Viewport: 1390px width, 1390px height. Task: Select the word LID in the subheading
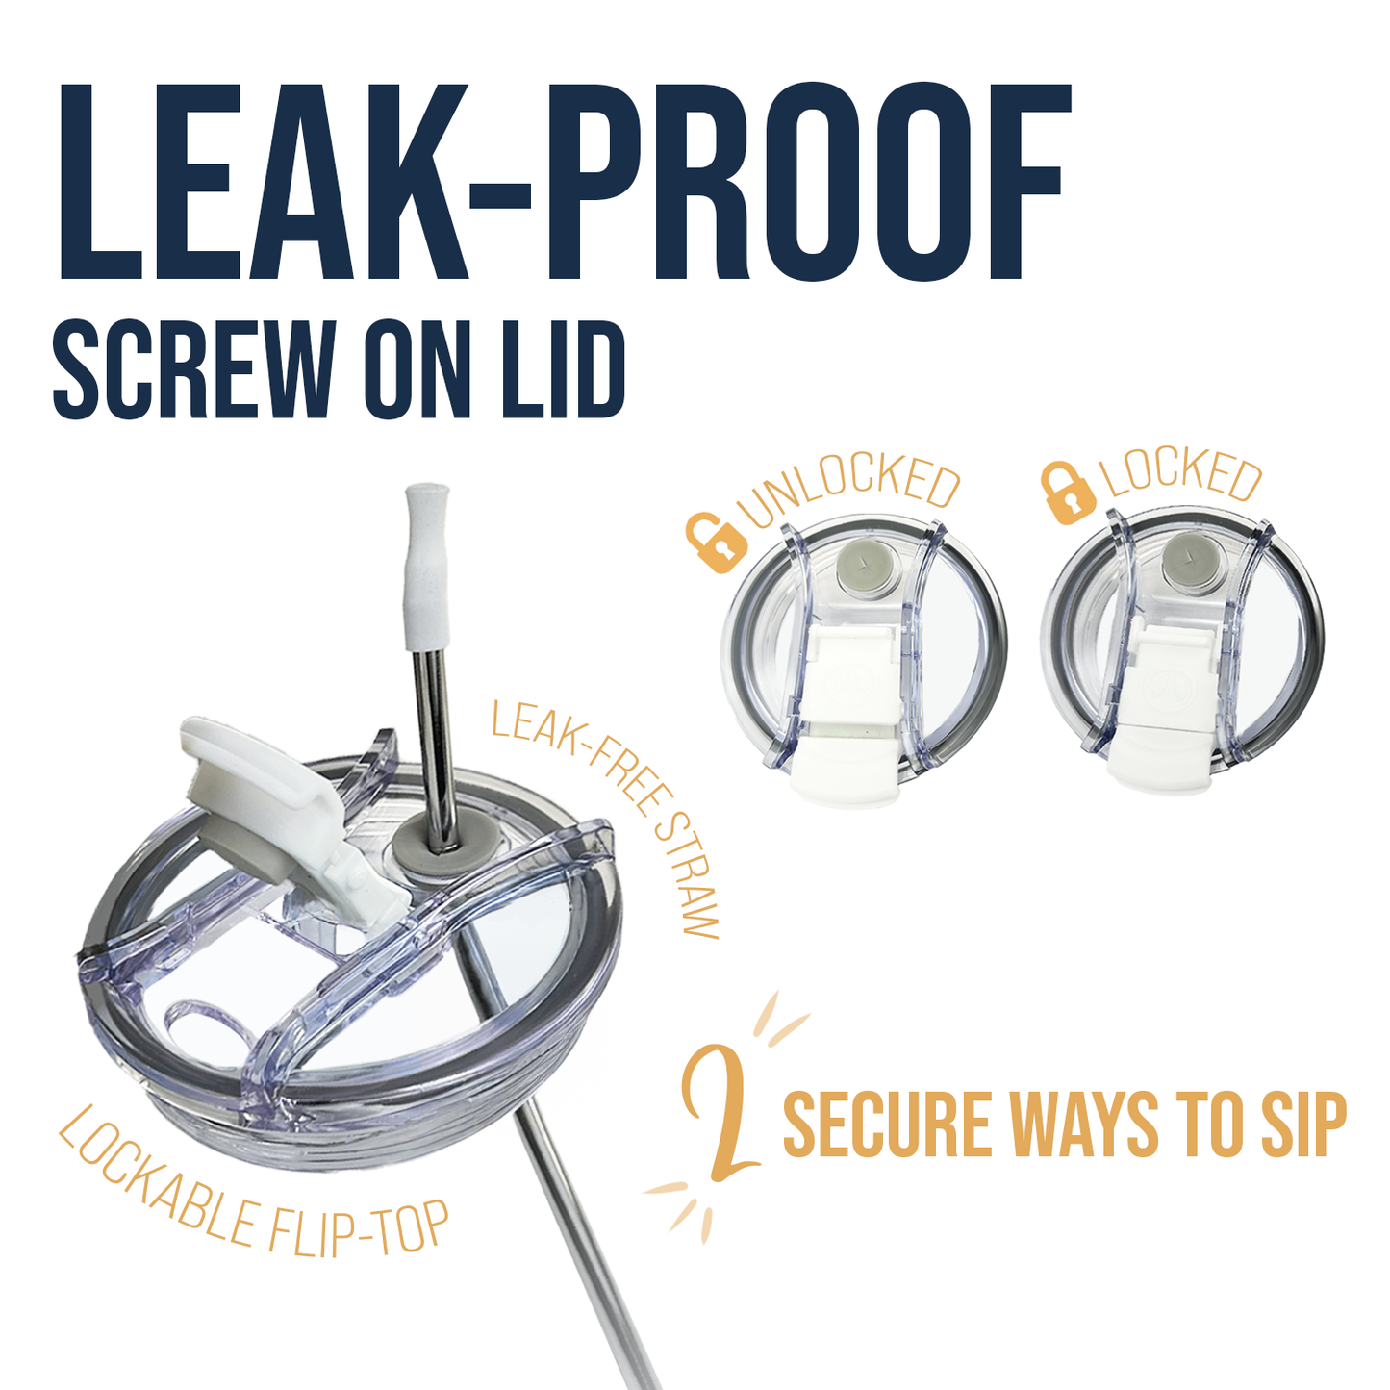pyautogui.click(x=553, y=369)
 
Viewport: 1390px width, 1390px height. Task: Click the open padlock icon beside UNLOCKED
pyautogui.click(x=717, y=542)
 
